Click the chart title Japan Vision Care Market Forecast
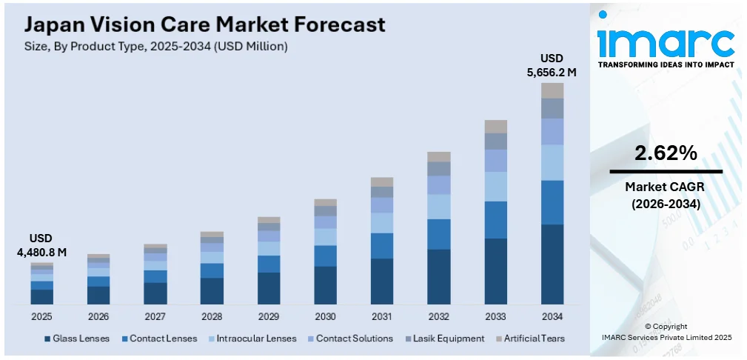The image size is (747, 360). (205, 24)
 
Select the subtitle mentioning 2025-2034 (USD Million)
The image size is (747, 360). (156, 46)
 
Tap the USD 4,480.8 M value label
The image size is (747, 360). (41, 245)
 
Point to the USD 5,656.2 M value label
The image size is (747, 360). (551, 65)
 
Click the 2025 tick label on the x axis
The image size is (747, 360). (41, 316)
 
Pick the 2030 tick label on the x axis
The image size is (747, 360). (325, 316)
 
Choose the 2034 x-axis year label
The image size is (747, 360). (552, 316)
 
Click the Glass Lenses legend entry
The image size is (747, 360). (77, 339)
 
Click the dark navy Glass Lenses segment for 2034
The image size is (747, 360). (552, 264)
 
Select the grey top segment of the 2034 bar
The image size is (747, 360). (552, 90)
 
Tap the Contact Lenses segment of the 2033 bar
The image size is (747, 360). (495, 219)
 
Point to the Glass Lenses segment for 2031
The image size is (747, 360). (382, 281)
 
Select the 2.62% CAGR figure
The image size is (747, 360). (665, 153)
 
